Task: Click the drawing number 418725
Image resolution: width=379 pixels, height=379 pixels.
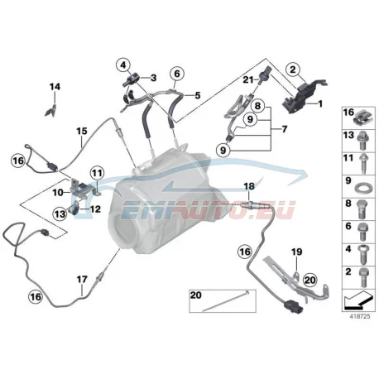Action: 360,316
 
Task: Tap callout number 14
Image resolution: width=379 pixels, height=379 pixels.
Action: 55,87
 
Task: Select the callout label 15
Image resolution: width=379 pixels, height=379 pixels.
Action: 82,131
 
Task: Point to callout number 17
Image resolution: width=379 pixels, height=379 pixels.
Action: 82,280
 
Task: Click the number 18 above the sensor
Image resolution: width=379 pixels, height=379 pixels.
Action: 249,186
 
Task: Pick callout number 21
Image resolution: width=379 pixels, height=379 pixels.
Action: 247,80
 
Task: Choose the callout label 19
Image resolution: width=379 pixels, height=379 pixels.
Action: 297,252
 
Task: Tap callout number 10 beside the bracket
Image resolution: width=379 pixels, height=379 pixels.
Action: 58,192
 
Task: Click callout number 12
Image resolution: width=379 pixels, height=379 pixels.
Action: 95,209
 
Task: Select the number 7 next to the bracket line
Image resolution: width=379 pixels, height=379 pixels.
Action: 285,129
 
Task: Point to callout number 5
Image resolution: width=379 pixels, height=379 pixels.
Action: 198,95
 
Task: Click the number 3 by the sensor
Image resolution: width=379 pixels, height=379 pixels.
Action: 153,78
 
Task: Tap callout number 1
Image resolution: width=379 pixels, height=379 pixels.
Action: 320,104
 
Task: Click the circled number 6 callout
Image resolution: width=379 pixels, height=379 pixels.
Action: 177,74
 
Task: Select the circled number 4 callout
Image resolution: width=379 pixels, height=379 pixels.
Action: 122,65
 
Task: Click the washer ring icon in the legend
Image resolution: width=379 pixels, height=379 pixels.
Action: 363,188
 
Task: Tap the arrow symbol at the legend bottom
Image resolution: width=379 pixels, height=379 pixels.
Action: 358,300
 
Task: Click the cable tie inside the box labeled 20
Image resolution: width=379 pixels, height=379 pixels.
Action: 225,301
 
